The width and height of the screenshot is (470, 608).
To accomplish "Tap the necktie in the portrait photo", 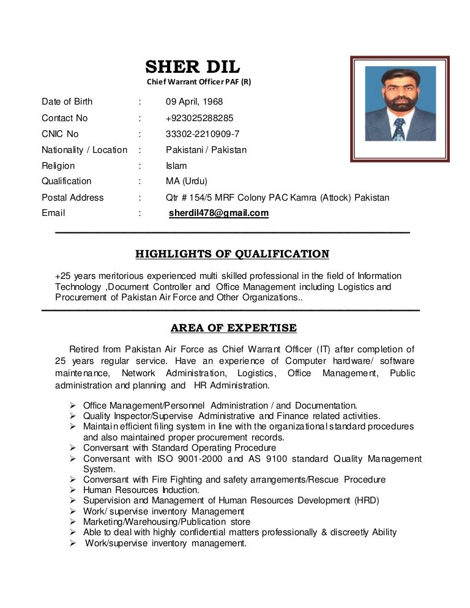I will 398,128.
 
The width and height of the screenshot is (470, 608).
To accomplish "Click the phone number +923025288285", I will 200,118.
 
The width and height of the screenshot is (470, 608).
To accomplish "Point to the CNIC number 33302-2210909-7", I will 203,134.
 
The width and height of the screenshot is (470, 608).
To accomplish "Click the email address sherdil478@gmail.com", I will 218,213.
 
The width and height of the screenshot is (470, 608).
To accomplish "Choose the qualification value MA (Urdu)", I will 187,181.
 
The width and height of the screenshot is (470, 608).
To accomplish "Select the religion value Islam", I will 176,166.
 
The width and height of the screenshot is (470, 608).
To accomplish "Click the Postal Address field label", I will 73,198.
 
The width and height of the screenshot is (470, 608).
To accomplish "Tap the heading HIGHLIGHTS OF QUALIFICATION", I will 232,254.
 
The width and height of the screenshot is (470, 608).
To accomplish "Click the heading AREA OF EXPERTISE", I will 234,328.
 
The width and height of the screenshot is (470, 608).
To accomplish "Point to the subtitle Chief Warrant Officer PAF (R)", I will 198,83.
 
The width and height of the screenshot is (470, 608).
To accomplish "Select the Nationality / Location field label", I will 84,150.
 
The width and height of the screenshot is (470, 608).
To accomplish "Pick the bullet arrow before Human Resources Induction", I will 72,490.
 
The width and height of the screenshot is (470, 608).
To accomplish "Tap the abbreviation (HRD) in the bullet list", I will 367,500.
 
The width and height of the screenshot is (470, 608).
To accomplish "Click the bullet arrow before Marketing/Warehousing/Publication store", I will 72,522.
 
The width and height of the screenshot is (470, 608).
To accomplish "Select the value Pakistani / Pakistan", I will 206,150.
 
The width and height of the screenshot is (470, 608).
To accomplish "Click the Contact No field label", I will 65,118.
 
